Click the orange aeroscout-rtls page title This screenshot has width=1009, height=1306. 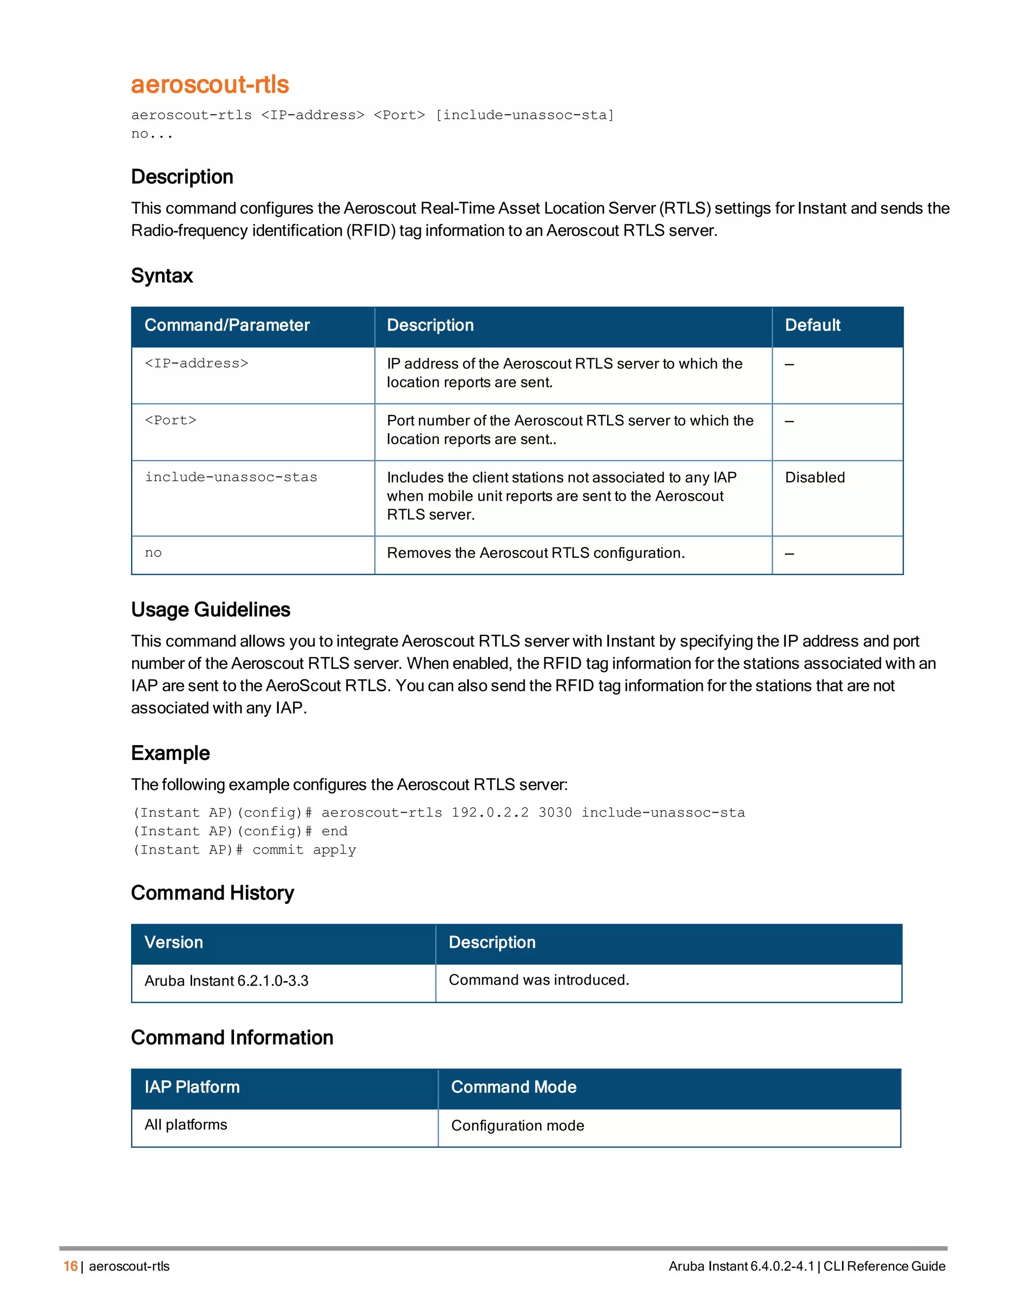click(x=210, y=84)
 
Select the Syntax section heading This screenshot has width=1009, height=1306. click(x=162, y=275)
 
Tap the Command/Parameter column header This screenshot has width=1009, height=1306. click(x=227, y=325)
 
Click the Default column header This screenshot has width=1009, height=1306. click(x=812, y=325)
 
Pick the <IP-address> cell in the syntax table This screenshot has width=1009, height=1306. click(x=196, y=364)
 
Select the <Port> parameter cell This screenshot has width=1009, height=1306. click(x=170, y=420)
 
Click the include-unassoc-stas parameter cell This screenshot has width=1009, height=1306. click(x=231, y=477)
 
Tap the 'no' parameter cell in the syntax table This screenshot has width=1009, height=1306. click(x=153, y=553)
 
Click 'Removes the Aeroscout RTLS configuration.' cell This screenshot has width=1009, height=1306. click(x=536, y=553)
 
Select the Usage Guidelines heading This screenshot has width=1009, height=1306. click(x=210, y=609)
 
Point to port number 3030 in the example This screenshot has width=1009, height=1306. click(x=555, y=813)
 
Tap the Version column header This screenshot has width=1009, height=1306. click(x=173, y=942)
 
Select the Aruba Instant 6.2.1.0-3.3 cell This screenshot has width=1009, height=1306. click(x=226, y=981)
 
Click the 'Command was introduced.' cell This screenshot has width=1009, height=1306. click(x=538, y=980)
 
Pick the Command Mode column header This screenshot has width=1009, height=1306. click(x=513, y=1087)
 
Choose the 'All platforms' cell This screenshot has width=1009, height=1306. click(x=185, y=1125)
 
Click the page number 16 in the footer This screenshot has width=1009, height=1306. click(x=70, y=1266)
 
